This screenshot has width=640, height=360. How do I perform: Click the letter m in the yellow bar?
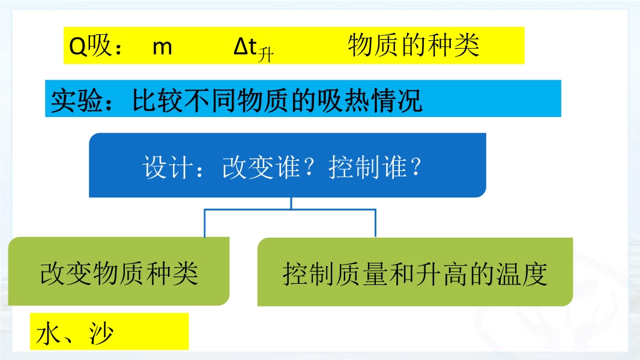pos(162,48)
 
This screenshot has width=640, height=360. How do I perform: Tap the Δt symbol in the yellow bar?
pos(246,46)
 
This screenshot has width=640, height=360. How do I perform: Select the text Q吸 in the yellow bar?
pos(90,45)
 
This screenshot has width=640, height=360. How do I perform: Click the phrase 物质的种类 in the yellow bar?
pos(414,45)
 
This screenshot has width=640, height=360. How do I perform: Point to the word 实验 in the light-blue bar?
pos(77,100)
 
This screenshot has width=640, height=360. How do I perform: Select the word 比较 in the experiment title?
pos(157,100)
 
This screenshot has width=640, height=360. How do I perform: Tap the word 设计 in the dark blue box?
pos(168,167)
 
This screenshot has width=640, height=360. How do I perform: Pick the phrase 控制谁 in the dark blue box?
pos(368,167)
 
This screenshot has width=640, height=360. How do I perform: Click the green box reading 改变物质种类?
pos(119,271)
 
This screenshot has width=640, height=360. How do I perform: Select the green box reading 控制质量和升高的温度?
pos(415,272)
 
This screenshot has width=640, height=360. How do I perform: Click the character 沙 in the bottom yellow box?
pos(101,334)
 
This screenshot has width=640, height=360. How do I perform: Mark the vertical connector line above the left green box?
pos(205,223)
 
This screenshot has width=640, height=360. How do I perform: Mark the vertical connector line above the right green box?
pos(375,223)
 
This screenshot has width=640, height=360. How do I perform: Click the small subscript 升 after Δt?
pos(266,55)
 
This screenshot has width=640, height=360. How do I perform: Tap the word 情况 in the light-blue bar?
pos(396,100)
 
